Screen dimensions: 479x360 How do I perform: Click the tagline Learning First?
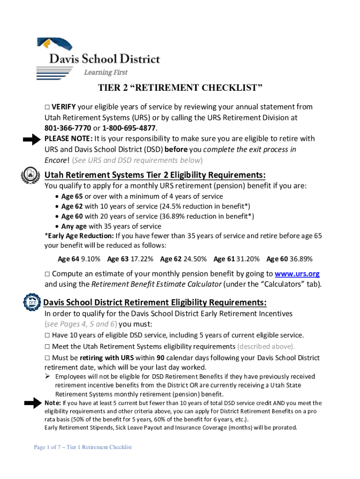105,73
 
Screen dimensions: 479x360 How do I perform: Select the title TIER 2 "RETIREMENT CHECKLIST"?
180,88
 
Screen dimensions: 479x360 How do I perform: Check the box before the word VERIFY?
47,107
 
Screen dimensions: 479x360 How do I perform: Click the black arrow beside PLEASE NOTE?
32,139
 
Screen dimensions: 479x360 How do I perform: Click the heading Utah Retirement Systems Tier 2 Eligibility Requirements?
155,175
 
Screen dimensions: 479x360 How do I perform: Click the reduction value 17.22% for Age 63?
143,259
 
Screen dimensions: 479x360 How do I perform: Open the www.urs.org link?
297,274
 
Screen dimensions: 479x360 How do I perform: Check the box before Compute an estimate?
47,274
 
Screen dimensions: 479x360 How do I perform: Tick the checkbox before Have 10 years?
47,335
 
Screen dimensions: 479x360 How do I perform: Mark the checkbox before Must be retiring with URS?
47,358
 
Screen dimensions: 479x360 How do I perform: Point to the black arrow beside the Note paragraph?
32,404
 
